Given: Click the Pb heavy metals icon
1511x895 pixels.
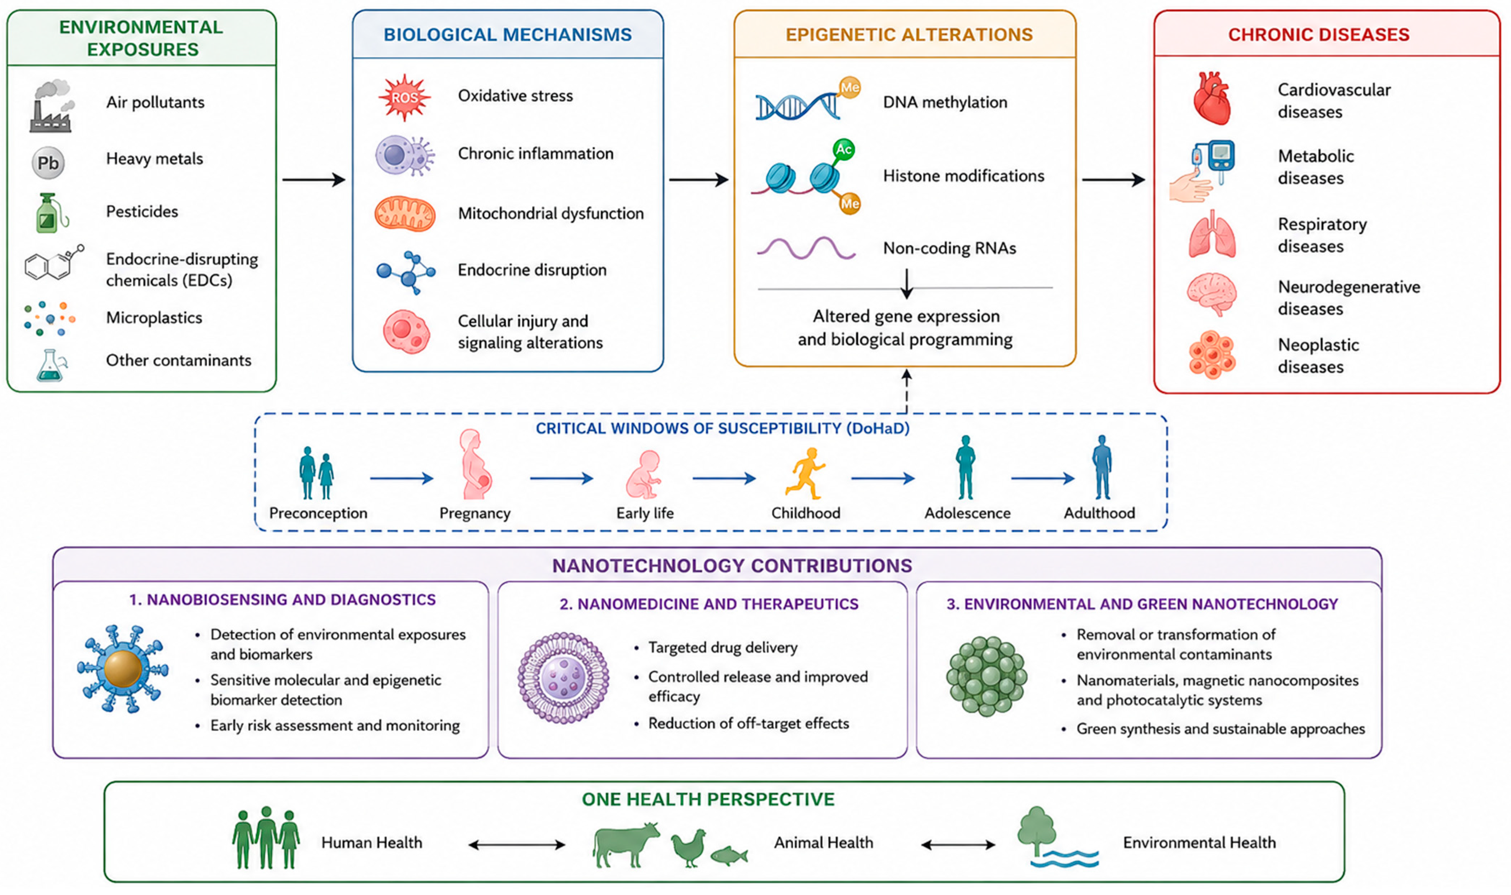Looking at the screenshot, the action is click(48, 163).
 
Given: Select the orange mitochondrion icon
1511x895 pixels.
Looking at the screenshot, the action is click(404, 214).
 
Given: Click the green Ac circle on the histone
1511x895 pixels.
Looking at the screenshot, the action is click(843, 149).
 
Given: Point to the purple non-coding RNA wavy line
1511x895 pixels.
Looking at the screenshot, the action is click(806, 248).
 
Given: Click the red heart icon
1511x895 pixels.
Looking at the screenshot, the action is click(1212, 98).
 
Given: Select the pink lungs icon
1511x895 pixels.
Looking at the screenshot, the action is click(1212, 234).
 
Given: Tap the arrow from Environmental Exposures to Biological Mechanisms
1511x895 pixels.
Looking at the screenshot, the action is click(313, 180).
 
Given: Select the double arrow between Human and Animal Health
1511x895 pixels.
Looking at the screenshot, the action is click(517, 845).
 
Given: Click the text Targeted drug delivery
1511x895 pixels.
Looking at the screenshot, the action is click(723, 648).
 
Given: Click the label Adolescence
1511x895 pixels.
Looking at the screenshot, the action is click(967, 513).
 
